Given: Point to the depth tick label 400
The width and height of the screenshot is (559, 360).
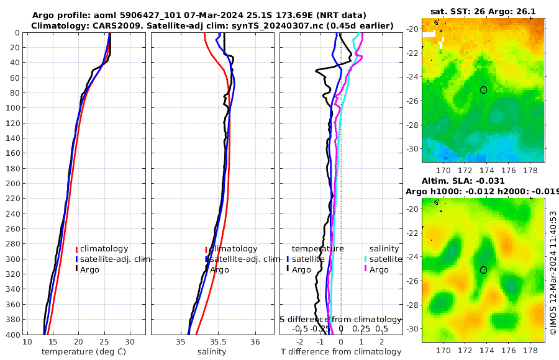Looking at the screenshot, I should point(11,335).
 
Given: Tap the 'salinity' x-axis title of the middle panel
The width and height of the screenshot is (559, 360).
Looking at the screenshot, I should point(211,352).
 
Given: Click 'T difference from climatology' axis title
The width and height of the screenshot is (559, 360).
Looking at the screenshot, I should point(341,352).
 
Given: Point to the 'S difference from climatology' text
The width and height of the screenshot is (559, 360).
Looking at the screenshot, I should point(340,318).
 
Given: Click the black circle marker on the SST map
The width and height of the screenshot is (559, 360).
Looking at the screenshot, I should point(483,90).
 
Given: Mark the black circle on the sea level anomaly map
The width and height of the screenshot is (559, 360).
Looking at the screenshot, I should point(483,270).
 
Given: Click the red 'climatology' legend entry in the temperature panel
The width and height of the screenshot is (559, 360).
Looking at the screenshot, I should point(104,249).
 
